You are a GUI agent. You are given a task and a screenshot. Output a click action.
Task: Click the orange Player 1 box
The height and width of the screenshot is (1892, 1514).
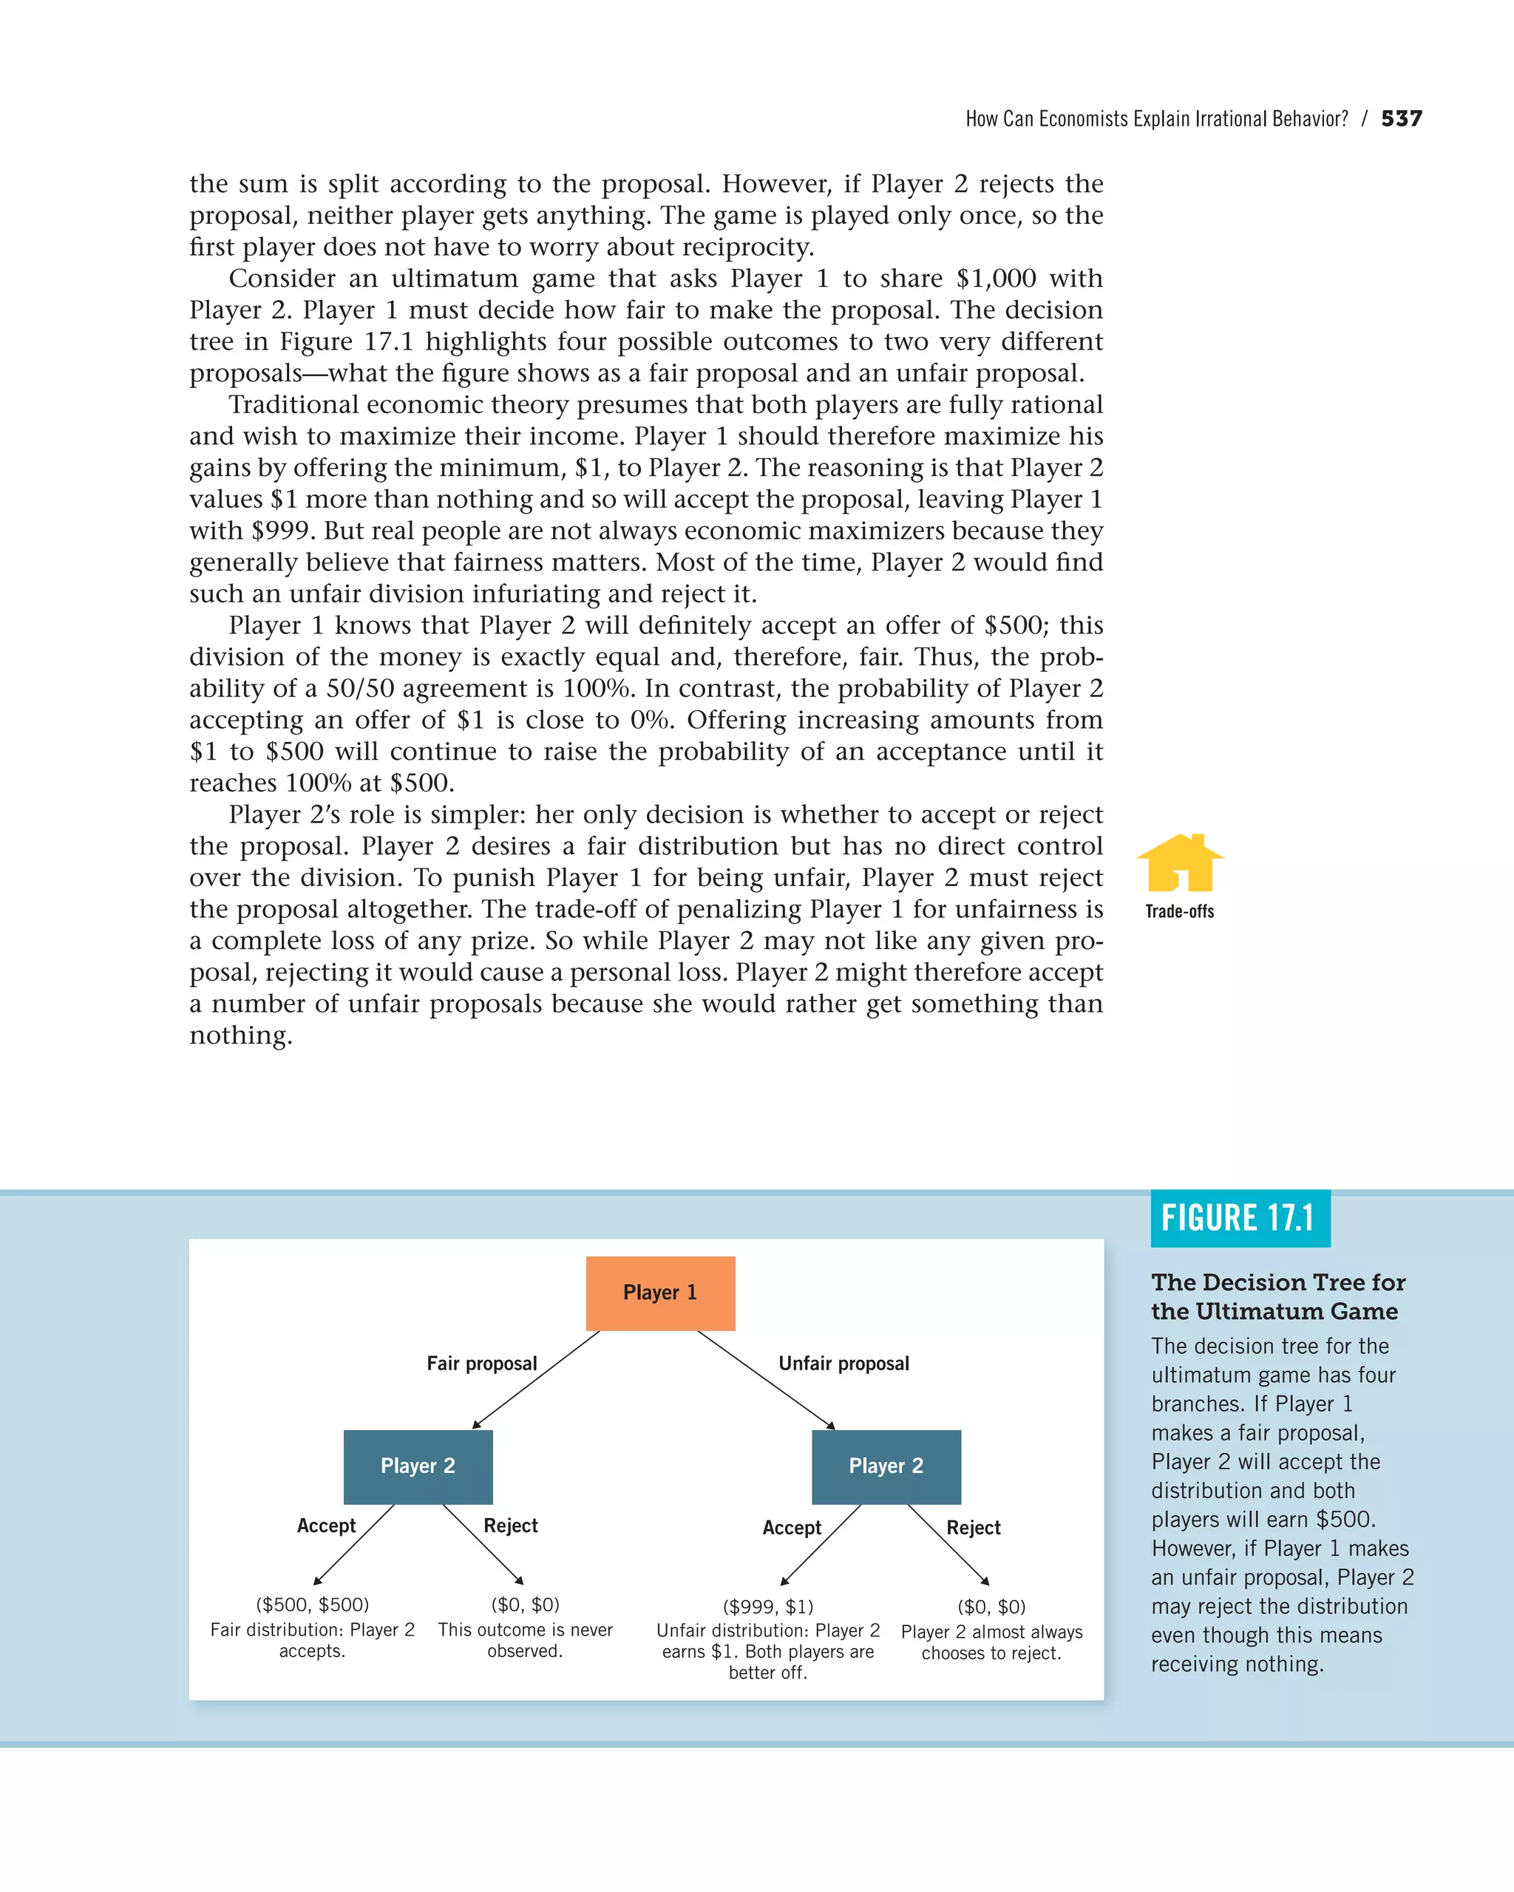coord(660,1293)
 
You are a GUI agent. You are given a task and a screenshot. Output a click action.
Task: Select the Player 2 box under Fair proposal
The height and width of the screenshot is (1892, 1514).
coord(418,1466)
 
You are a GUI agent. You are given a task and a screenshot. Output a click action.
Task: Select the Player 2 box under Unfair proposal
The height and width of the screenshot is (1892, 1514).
coord(886,1466)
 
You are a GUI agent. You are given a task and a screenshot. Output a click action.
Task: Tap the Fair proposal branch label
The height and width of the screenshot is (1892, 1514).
coord(481,1364)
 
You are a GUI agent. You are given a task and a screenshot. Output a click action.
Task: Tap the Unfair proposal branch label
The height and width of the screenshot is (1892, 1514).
coord(843,1364)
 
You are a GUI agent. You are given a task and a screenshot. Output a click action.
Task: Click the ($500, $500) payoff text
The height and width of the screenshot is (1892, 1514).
coord(313,1605)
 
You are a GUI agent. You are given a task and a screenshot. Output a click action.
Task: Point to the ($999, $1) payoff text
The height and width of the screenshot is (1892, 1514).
coord(768,1607)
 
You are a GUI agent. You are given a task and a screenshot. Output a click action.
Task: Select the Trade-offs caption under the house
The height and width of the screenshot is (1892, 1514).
coord(1180,912)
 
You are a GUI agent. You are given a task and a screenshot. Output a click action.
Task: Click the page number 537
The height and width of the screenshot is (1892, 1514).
coord(1401,118)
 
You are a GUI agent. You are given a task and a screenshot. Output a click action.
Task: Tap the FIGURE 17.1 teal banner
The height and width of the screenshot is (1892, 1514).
coord(1239,1218)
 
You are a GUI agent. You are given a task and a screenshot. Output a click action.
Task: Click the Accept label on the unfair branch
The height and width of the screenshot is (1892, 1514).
coord(792,1528)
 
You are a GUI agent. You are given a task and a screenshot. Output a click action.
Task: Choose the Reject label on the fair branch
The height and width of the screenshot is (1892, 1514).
coord(510,1526)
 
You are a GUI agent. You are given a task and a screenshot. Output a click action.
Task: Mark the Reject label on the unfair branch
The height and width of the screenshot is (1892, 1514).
coord(974,1528)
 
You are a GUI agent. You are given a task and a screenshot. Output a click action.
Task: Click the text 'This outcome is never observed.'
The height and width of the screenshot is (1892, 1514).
coord(525,1640)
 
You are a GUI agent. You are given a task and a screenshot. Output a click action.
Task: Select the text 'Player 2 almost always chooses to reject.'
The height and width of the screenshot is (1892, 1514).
coord(992,1643)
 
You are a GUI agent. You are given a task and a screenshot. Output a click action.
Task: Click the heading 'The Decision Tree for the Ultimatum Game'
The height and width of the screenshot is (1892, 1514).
coord(1278,1297)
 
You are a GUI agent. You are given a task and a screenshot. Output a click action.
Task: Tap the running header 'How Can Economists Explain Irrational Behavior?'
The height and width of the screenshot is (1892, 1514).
coord(1156,119)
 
